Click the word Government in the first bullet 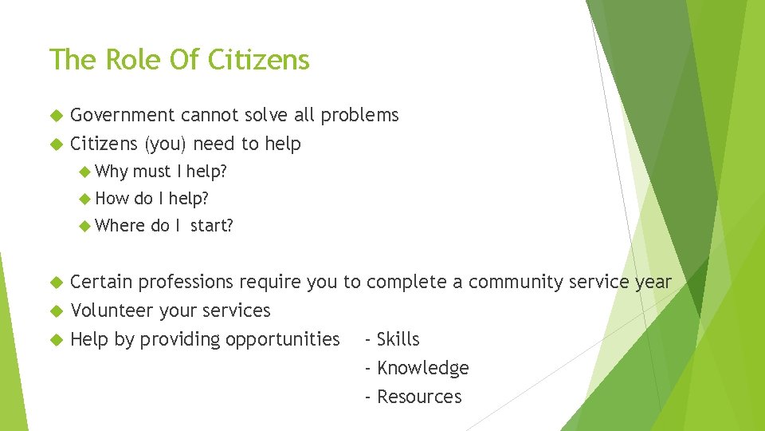[123, 116]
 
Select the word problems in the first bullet [359, 116]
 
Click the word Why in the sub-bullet [112, 172]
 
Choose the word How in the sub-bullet [112, 199]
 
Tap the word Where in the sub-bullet [120, 226]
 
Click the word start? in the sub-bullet [211, 226]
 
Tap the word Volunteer [112, 311]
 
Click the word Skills [398, 340]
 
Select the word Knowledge [422, 369]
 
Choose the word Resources [419, 397]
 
